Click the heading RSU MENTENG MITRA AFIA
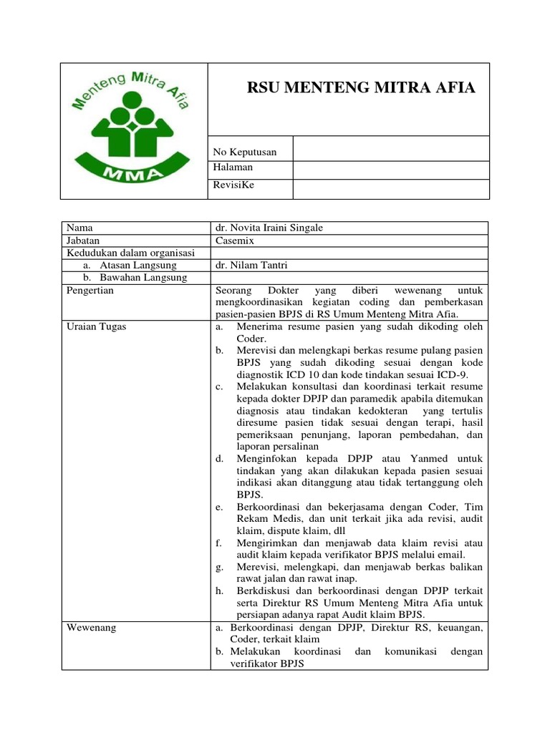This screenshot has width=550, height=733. click(360, 88)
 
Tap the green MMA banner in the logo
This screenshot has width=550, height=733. click(133, 173)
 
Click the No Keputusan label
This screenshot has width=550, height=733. click(245, 152)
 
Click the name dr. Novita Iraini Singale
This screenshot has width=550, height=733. click(269, 228)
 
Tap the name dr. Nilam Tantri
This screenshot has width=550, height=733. click(248, 265)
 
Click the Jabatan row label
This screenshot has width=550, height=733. click(83, 241)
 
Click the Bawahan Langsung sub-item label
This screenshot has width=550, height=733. click(143, 277)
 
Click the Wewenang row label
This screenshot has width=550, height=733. click(91, 628)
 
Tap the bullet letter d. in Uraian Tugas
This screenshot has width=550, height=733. click(219, 458)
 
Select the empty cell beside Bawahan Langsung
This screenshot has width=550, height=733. click(347, 278)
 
